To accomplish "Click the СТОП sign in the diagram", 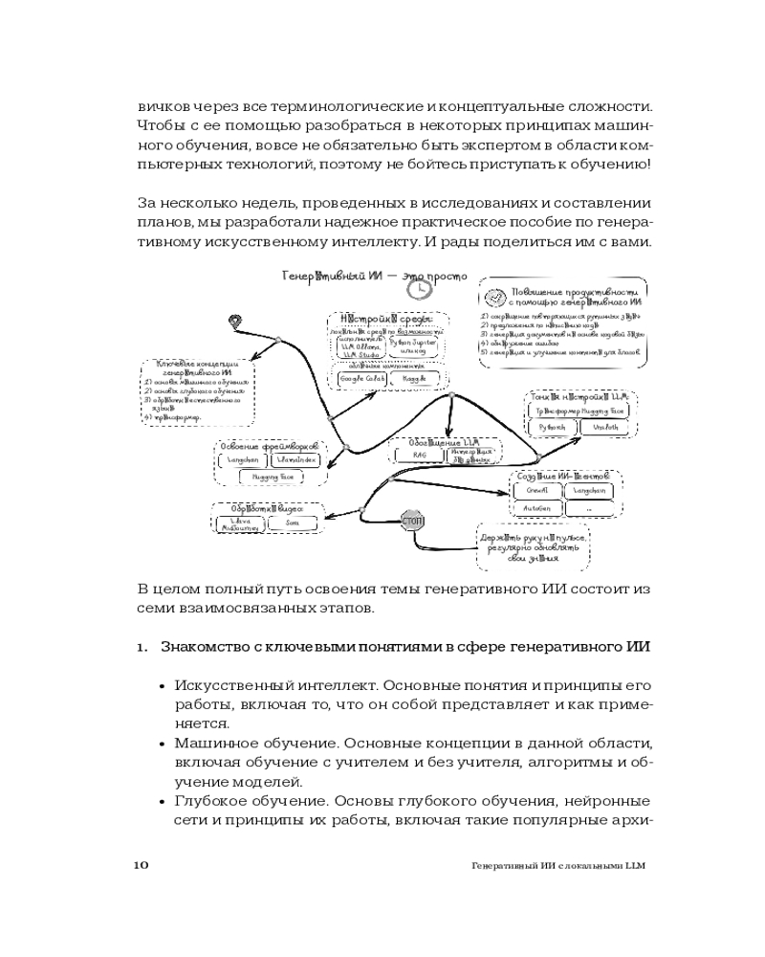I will pos(413,522).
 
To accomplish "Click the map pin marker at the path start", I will pos(235,323).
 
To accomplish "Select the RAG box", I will pos(420,456).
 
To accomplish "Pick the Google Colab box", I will pos(358,380).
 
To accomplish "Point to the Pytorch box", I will pos(552,427).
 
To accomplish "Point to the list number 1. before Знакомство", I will pos(142,646).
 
